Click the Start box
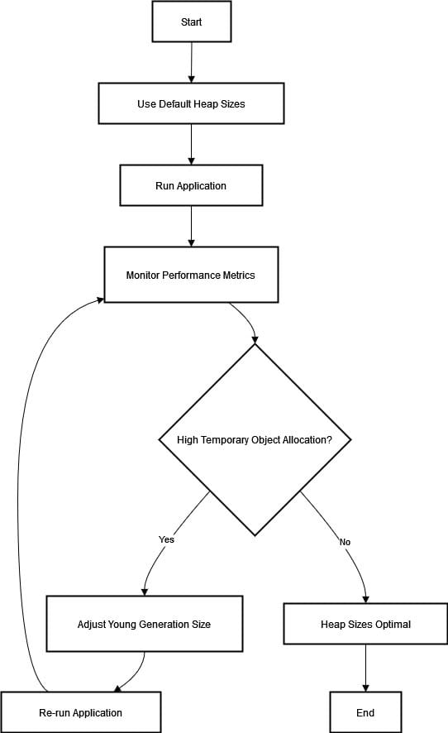[192, 22]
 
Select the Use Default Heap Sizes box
[191, 103]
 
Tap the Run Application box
[191, 185]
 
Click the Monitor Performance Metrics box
[191, 275]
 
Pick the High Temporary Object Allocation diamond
[255, 439]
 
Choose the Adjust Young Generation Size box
[145, 624]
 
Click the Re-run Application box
[81, 712]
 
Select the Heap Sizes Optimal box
[366, 624]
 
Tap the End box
[366, 712]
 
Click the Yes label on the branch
[166, 539]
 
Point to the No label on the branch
[345, 542]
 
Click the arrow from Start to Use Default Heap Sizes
[192, 62]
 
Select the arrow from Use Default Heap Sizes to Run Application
[191, 145]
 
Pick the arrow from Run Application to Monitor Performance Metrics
[191, 226]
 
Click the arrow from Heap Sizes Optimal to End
[366, 668]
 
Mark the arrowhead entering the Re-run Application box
[117, 688]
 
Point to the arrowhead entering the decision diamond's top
[255, 340]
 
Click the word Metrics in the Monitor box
[239, 275]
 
